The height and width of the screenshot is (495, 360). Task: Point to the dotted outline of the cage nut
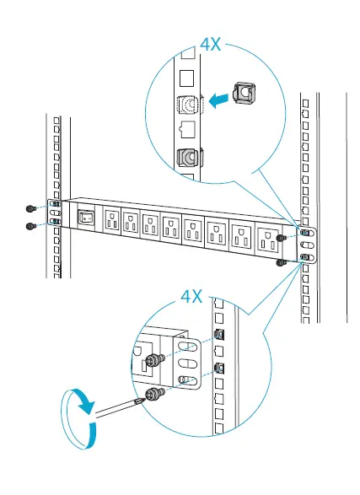(x=191, y=105)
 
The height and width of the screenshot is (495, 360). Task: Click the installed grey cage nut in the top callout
(x=188, y=157)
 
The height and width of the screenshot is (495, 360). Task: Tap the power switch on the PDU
(x=85, y=218)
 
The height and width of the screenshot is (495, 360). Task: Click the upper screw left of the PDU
(x=30, y=207)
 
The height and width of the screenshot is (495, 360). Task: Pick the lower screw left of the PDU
(x=30, y=225)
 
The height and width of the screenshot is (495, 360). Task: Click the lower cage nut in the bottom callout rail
(x=220, y=369)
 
